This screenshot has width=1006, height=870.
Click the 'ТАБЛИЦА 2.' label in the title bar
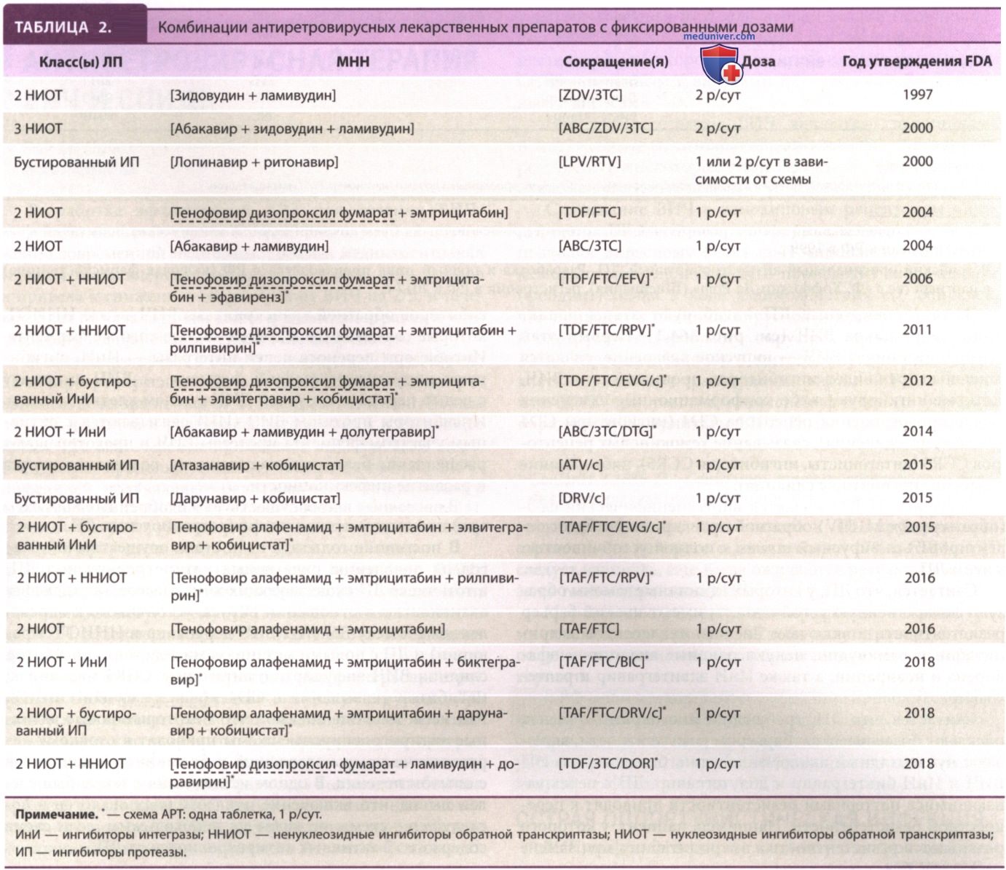pyautogui.click(x=63, y=27)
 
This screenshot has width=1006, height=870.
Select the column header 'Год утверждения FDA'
pyautogui.click(x=917, y=61)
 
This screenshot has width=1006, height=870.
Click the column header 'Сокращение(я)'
pyautogui.click(x=616, y=62)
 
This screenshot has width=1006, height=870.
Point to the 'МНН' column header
pyautogui.click(x=353, y=61)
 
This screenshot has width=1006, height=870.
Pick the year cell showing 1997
pyautogui.click(x=917, y=95)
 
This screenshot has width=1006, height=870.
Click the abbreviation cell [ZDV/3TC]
pyautogui.click(x=590, y=95)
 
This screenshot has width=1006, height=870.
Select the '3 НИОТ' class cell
pyautogui.click(x=38, y=128)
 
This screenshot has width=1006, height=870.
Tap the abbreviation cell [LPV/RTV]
pyautogui.click(x=590, y=162)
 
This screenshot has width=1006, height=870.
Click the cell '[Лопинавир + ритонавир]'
pyautogui.click(x=254, y=162)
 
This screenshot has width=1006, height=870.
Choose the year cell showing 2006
pyautogui.click(x=917, y=279)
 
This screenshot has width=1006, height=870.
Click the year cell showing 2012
pyautogui.click(x=917, y=380)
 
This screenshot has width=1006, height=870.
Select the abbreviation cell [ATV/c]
pyautogui.click(x=581, y=465)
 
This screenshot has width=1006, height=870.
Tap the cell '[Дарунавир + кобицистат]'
pyautogui.click(x=255, y=499)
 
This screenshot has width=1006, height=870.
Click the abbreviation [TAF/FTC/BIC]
pyautogui.click(x=603, y=662)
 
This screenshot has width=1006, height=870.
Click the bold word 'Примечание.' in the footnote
pyautogui.click(x=57, y=814)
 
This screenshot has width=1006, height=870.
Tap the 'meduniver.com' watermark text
pyautogui.click(x=719, y=36)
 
